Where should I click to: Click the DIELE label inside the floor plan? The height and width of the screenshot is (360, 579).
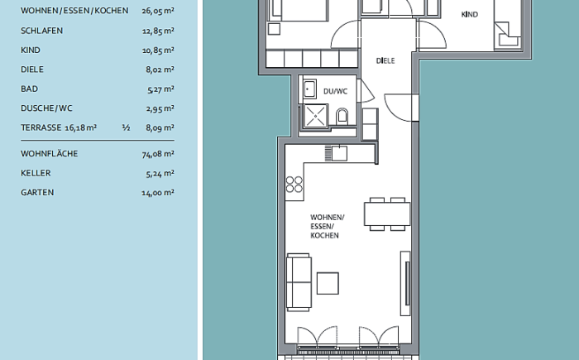click(x=385, y=60)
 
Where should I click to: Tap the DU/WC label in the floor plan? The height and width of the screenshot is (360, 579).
click(x=335, y=91)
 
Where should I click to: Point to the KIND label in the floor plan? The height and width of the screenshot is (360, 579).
click(x=469, y=14)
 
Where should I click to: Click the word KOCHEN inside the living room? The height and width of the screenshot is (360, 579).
click(x=324, y=235)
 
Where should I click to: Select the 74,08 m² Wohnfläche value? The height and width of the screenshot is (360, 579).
click(x=158, y=154)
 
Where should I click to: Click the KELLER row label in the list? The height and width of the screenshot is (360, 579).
click(x=36, y=173)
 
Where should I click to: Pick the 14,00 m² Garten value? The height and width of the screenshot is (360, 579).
click(x=158, y=193)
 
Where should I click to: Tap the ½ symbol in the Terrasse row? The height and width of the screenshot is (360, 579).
click(x=126, y=127)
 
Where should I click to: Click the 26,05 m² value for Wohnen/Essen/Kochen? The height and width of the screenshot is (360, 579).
click(x=158, y=11)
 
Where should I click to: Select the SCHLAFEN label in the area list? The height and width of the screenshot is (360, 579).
click(x=41, y=31)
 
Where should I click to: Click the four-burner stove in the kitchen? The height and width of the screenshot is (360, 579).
click(x=294, y=185)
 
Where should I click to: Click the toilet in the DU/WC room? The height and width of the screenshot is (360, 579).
click(x=342, y=116)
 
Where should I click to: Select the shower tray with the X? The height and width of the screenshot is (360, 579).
click(x=315, y=117)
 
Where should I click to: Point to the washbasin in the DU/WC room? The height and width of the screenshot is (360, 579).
click(x=309, y=89)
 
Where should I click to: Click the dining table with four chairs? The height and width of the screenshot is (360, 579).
click(x=387, y=214)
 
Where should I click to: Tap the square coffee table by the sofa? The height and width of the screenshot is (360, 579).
click(x=328, y=283)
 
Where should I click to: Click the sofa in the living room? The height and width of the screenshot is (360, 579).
click(x=299, y=282)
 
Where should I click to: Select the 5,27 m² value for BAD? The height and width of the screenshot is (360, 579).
click(x=160, y=89)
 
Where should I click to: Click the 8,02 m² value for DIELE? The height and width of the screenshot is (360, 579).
click(x=160, y=70)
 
